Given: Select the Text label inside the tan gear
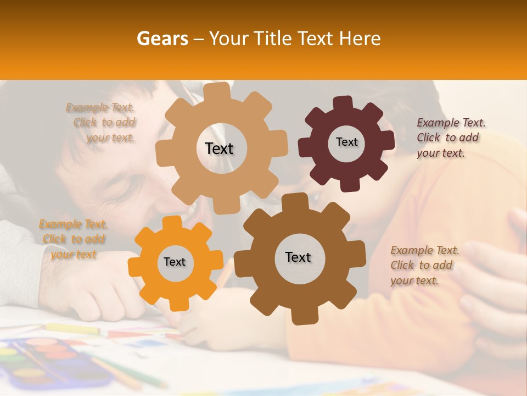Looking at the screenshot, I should pos(219,148).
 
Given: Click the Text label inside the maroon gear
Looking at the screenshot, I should pos(346,142).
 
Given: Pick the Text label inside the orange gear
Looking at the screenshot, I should pos(175,262).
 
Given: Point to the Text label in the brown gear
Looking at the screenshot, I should pos(298,257).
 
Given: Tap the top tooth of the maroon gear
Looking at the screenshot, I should pos(343,102).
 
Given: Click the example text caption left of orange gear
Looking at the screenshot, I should pos(74,239).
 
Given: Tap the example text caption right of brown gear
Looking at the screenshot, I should pos(424,265).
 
